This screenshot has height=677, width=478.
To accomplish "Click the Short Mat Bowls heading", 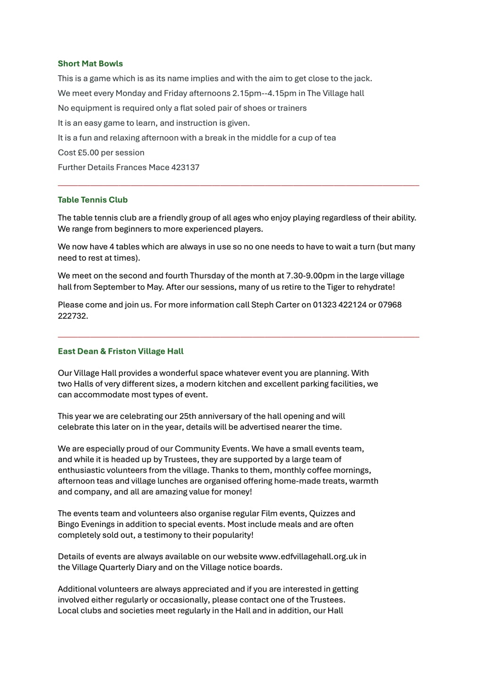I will click(90, 64).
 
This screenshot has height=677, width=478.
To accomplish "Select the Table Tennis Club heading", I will click(93, 200).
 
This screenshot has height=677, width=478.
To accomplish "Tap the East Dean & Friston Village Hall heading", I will click(120, 351).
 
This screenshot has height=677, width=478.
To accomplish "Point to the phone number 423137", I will click(186, 167).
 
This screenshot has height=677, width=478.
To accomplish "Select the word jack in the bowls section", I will click(362, 78).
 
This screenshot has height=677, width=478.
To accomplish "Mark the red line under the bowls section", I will click(239, 186).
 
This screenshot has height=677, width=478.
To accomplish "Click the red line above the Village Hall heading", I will click(239, 337).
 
